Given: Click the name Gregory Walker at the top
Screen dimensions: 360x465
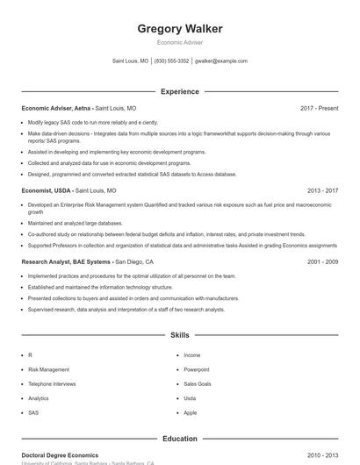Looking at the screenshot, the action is (180, 29).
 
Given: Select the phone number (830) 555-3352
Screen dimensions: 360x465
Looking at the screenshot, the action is (171, 61).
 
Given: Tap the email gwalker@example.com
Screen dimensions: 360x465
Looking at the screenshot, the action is (220, 61).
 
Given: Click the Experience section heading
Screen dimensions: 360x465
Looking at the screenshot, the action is (180, 91).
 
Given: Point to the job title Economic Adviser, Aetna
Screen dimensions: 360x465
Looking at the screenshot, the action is (57, 108).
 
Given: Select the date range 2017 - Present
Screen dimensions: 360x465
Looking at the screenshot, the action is (319, 108).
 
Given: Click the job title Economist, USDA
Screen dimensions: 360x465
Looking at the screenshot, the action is (47, 190).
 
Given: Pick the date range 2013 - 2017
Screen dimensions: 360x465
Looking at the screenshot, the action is (323, 190).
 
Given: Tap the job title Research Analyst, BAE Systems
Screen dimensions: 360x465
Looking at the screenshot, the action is (67, 261).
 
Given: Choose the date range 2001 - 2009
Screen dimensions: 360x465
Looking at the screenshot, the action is (323, 261).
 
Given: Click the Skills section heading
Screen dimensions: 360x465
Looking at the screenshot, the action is (180, 335).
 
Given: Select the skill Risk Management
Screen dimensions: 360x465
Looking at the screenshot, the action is (48, 369).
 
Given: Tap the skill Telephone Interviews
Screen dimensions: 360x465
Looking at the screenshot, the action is (52, 383).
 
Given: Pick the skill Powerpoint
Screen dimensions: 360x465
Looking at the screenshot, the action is (197, 369).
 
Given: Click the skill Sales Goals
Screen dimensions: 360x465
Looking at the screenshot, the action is (198, 383).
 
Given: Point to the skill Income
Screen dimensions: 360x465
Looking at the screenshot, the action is (192, 355).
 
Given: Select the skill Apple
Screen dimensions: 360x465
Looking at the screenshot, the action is (191, 412).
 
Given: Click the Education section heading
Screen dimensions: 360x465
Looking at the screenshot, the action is (180, 439).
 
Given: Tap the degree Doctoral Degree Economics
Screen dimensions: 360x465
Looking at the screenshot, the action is (60, 455).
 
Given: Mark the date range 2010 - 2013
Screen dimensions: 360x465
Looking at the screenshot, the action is (323, 455).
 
